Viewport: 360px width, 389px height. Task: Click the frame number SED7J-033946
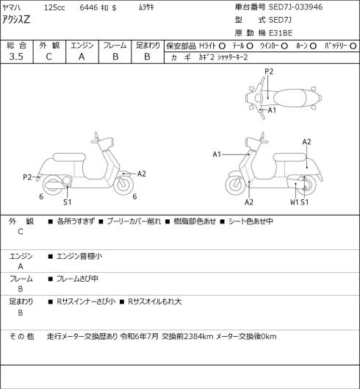(x=295, y=7)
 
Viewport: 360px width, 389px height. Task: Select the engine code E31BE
(x=281, y=33)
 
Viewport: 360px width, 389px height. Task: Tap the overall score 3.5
(x=16, y=57)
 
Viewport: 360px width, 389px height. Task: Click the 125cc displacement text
(x=54, y=7)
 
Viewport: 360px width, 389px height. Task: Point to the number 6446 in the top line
(x=89, y=7)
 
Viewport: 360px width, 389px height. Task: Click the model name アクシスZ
(x=16, y=19)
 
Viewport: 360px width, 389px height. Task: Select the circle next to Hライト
(x=222, y=46)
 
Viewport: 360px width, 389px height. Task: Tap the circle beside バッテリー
(x=353, y=46)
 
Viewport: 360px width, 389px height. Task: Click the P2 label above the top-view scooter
(x=269, y=72)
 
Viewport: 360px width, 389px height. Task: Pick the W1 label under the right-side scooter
(x=295, y=202)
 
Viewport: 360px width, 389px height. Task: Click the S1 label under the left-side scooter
(x=67, y=202)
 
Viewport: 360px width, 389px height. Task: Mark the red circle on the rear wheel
(x=305, y=188)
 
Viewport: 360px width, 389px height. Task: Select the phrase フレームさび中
(x=77, y=279)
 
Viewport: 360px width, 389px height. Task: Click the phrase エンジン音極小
(x=79, y=256)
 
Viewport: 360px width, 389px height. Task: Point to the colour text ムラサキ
(x=146, y=7)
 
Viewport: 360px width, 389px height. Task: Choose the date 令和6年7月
(x=140, y=337)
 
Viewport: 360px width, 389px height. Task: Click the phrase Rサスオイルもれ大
(x=155, y=301)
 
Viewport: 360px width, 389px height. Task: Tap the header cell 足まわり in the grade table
(x=148, y=46)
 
